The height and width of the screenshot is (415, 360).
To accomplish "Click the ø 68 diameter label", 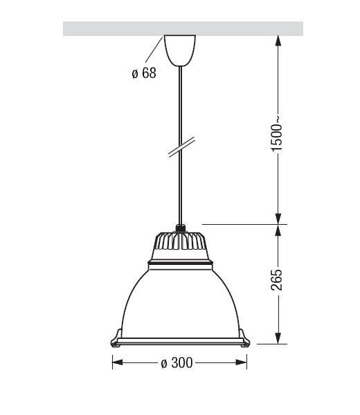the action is click(144, 73).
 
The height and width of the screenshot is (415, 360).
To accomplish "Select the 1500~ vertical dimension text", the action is click(277, 133).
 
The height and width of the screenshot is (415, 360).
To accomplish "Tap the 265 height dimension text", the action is click(277, 279).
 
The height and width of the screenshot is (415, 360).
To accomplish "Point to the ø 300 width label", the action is click(177, 362).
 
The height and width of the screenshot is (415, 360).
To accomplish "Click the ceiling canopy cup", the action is click(180, 50).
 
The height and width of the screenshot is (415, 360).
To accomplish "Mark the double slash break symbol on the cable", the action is click(181, 147).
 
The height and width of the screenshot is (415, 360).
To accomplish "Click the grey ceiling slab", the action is click(183, 28).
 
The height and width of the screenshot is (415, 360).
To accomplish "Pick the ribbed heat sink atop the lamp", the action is click(180, 241).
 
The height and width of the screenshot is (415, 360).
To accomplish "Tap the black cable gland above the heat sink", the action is click(181, 228).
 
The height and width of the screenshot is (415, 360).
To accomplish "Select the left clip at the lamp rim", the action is click(116, 338).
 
